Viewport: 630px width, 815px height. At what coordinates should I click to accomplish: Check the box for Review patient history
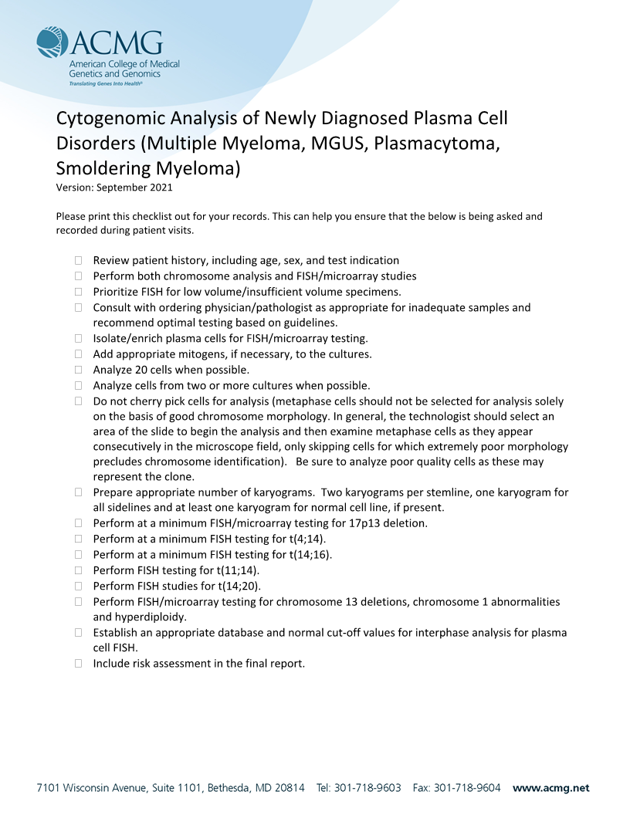[78, 261]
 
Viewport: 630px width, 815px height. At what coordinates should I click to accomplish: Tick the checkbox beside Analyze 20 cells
[78, 370]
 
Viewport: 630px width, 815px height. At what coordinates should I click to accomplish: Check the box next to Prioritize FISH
[78, 292]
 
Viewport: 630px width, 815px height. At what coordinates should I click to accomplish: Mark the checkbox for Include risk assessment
[78, 663]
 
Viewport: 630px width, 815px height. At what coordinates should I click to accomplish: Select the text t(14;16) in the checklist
[310, 554]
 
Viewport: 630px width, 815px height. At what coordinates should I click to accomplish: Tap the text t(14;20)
[239, 586]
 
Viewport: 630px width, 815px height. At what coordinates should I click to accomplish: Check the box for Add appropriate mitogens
[78, 354]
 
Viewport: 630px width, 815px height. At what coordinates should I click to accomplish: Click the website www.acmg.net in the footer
[550, 788]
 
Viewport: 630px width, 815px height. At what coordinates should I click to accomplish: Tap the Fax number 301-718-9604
[467, 788]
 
